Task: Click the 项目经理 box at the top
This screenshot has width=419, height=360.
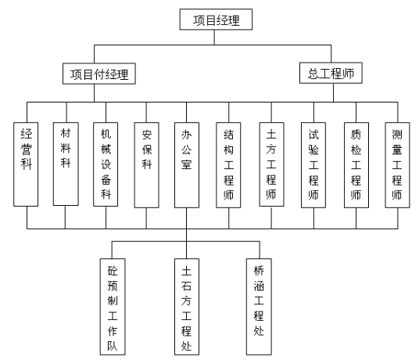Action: pos(216,20)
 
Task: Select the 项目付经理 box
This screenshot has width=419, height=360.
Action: pos(99,74)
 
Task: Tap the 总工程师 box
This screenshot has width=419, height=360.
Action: pos(331,73)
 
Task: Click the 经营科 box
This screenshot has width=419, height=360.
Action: pos(26,164)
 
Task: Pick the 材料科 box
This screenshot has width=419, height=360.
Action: pos(66,164)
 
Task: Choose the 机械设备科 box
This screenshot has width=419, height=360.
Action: pos(106,164)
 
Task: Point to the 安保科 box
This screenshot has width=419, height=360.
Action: pos(147,165)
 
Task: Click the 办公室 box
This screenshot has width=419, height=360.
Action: pos(187,165)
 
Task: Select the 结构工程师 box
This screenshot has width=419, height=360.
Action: pos(228,165)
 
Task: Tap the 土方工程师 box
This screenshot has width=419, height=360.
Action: pos(271,164)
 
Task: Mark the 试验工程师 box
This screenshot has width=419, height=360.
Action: pos(313,165)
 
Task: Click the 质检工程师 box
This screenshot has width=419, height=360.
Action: pos(356,165)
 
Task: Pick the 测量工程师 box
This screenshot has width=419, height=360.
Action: pos(397,165)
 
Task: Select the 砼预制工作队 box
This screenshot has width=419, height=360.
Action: pos(113,307)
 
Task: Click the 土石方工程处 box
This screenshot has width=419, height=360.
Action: pos(187,307)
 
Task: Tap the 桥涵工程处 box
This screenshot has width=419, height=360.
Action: pos(259,307)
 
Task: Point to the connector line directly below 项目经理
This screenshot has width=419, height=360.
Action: pos(214,38)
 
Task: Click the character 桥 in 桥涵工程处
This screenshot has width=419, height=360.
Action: pos(259,271)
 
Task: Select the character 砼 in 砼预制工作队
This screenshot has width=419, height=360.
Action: pos(113,271)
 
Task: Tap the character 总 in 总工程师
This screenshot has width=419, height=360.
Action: pos(313,74)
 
